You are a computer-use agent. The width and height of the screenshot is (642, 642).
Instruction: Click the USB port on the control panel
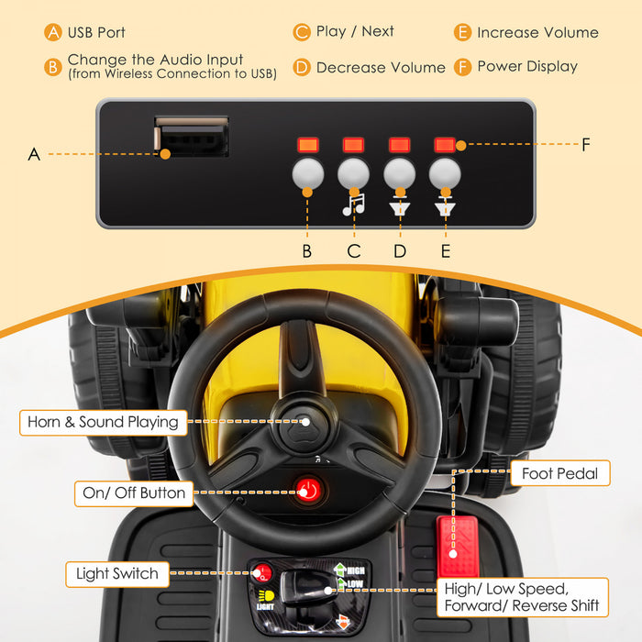[x=191, y=138]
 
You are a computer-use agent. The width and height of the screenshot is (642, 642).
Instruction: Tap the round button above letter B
[x=307, y=172]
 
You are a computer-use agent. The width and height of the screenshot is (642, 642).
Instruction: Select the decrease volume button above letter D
[x=399, y=172]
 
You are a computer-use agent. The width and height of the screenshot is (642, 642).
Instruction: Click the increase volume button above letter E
[x=445, y=172]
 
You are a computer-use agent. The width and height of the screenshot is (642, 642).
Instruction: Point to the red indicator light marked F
[x=445, y=145]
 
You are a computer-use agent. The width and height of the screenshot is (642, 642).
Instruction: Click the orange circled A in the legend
[x=54, y=32]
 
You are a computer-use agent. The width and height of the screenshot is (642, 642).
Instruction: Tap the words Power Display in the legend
[x=527, y=66]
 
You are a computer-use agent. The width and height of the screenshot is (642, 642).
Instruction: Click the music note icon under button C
[x=353, y=205]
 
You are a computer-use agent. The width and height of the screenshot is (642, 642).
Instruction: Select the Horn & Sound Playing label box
[x=103, y=423]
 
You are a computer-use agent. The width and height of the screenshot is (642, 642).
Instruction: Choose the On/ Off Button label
[x=134, y=493]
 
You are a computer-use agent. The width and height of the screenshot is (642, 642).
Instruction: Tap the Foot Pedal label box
[x=559, y=474]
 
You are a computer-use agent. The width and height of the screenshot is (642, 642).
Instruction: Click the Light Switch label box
[x=117, y=574]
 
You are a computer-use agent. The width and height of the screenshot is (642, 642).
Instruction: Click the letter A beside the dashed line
[x=34, y=154]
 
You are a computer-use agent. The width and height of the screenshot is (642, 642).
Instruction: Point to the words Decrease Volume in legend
[x=381, y=67]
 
